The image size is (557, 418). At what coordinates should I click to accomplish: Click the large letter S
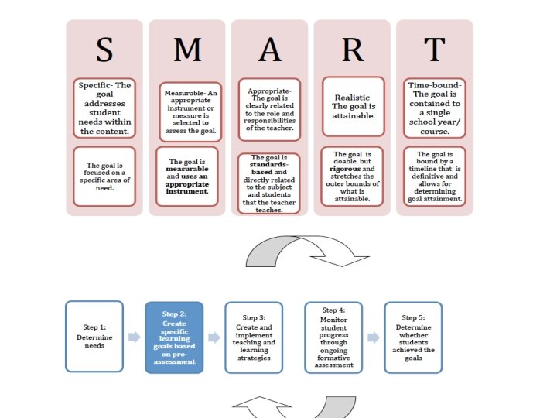pos(104,49)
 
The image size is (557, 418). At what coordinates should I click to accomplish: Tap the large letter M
pos(187,49)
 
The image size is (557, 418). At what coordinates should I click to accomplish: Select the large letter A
pos(270,49)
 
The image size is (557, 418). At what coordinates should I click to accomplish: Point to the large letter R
pos(352,49)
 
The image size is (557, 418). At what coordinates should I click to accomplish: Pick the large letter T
pos(435,49)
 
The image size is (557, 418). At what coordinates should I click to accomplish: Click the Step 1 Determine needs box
pos(94,337)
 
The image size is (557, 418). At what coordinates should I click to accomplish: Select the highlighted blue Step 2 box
pos(174,337)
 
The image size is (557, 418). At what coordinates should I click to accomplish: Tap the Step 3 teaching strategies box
pos(254,337)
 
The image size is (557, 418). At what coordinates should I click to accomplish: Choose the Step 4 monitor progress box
pos(333,337)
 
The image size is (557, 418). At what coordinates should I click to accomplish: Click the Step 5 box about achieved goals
pos(414,337)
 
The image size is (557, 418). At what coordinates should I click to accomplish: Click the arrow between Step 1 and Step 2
pos(134,337)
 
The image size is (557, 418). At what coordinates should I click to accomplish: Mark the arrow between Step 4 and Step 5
pos(373,337)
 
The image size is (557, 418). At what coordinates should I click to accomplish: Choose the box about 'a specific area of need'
pos(104,176)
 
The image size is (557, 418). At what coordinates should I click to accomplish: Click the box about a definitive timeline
pos(435,176)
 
